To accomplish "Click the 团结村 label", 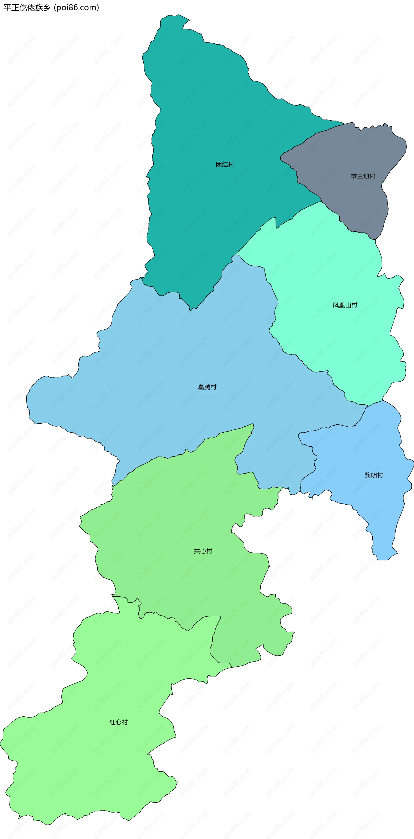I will coord(225,164).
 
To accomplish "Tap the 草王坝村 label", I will coord(363,176).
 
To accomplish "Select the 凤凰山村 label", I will coord(345,305).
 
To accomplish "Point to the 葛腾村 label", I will coord(207,387).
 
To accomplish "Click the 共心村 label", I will coord(203,551).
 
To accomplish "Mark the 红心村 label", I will coord(119,722).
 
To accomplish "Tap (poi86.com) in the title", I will coord(76,8).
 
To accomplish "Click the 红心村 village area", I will coord(98,765).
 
